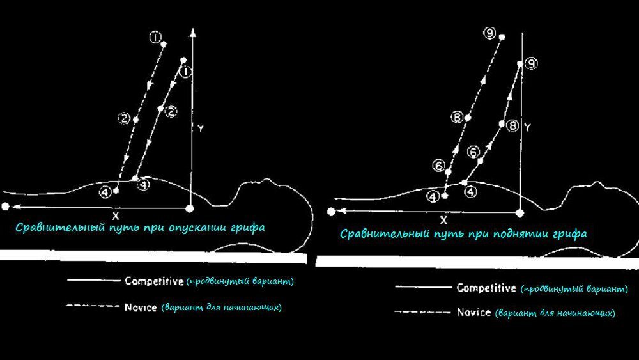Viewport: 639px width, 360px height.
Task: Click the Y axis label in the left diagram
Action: [x=200, y=129]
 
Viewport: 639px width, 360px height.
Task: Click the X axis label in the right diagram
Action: [x=443, y=220]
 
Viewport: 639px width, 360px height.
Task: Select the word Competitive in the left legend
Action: [x=154, y=281]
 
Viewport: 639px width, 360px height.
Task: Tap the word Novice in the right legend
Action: [x=474, y=312]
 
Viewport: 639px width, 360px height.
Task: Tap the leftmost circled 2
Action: [x=123, y=118]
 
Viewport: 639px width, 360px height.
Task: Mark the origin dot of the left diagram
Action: [x=189, y=208]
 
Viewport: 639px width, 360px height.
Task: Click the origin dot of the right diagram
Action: [x=520, y=212]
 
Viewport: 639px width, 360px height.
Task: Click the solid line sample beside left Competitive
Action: [x=93, y=281]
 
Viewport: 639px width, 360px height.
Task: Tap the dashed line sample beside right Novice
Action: [x=422, y=312]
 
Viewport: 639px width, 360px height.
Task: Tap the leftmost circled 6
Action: [x=438, y=165]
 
